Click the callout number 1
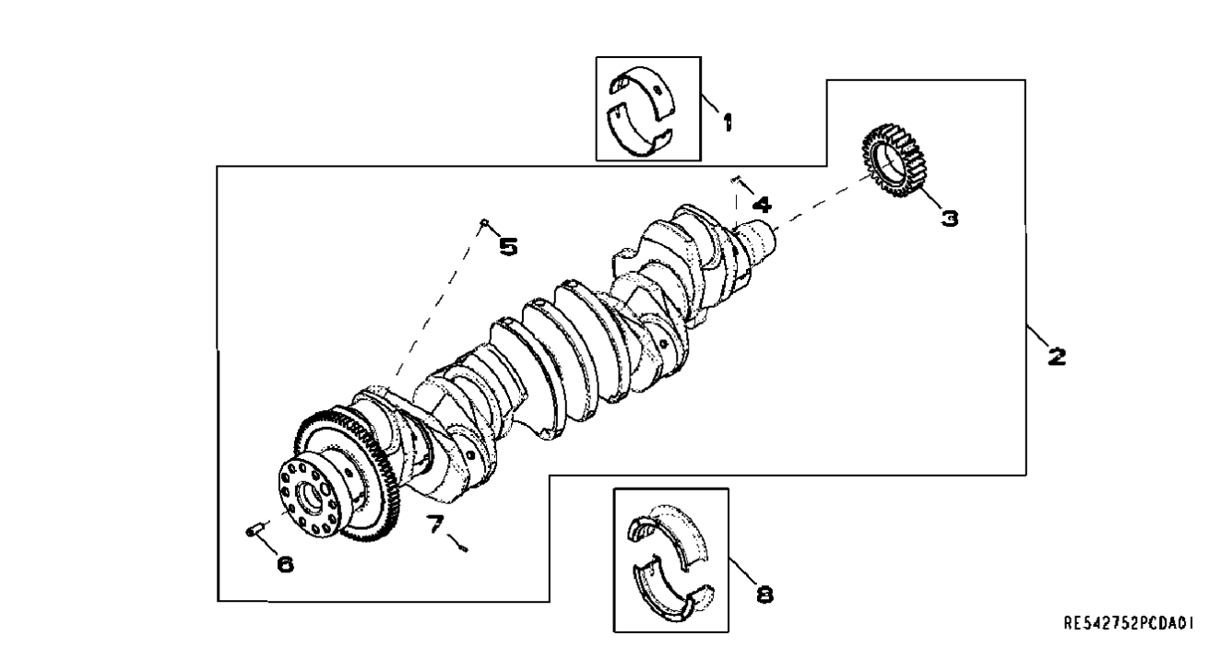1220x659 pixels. pos(727,121)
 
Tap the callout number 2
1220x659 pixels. pos(1056,355)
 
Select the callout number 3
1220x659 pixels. pos(949,218)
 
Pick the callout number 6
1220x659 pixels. pos(285,563)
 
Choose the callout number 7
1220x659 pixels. pos(434,524)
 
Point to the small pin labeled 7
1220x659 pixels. pos(462,547)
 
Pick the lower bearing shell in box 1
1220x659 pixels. pos(647,130)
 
